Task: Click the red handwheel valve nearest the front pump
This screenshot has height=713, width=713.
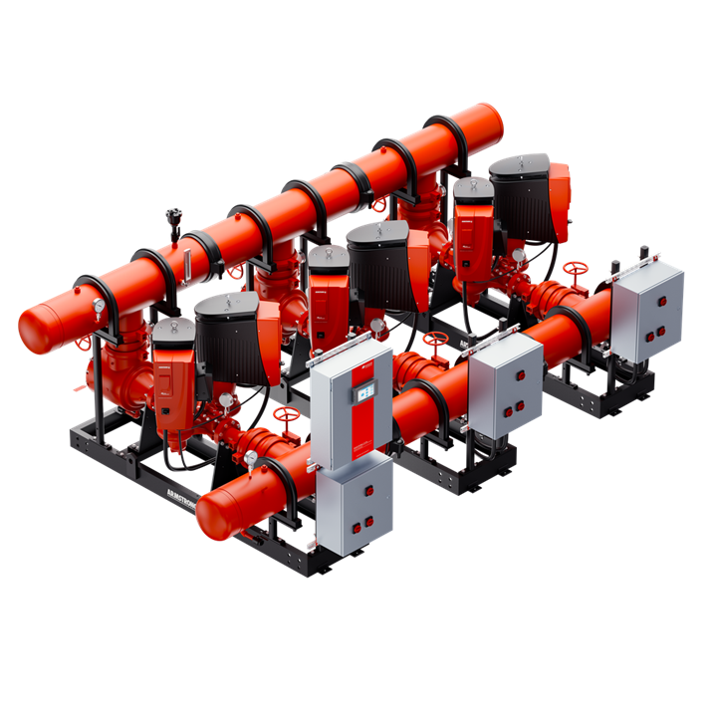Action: point(290,411)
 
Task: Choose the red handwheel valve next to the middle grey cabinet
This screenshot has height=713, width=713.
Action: point(435,340)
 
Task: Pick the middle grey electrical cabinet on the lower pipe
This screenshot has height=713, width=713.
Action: point(506,382)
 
